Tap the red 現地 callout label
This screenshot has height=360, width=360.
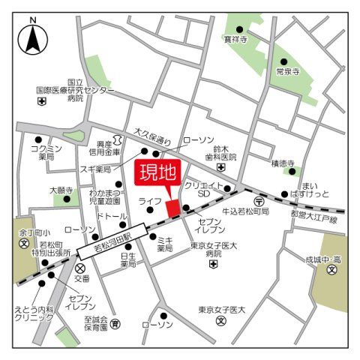point(157,175)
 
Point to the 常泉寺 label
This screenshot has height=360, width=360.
point(287,72)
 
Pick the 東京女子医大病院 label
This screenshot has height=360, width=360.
point(214,250)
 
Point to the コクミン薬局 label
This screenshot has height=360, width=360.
point(46,153)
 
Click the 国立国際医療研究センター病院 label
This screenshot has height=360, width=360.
point(74,89)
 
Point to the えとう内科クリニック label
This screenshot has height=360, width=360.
point(34,313)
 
